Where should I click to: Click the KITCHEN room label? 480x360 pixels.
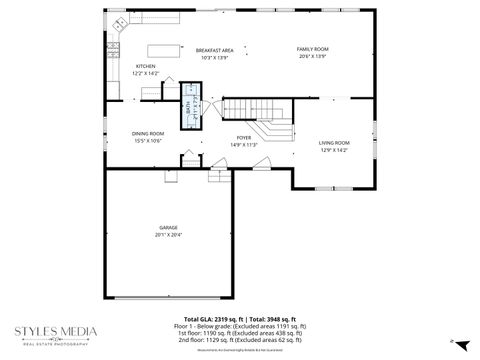point(146,66)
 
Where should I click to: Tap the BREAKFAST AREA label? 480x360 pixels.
point(214,50)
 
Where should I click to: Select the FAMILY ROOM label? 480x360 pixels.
point(312,49)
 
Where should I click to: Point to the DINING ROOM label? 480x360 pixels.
point(147,133)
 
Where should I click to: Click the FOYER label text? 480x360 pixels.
point(243,138)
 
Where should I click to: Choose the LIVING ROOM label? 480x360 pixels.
point(333,143)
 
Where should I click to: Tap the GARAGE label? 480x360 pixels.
point(167,228)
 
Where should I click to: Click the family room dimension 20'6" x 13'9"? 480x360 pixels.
point(312,56)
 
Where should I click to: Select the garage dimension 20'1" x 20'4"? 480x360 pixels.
point(167,235)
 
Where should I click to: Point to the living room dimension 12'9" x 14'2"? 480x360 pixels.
point(333,150)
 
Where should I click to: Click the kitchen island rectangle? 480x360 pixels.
point(166,49)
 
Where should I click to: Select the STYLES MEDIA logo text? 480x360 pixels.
point(55,330)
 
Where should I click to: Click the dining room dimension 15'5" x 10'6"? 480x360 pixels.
point(147,140)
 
